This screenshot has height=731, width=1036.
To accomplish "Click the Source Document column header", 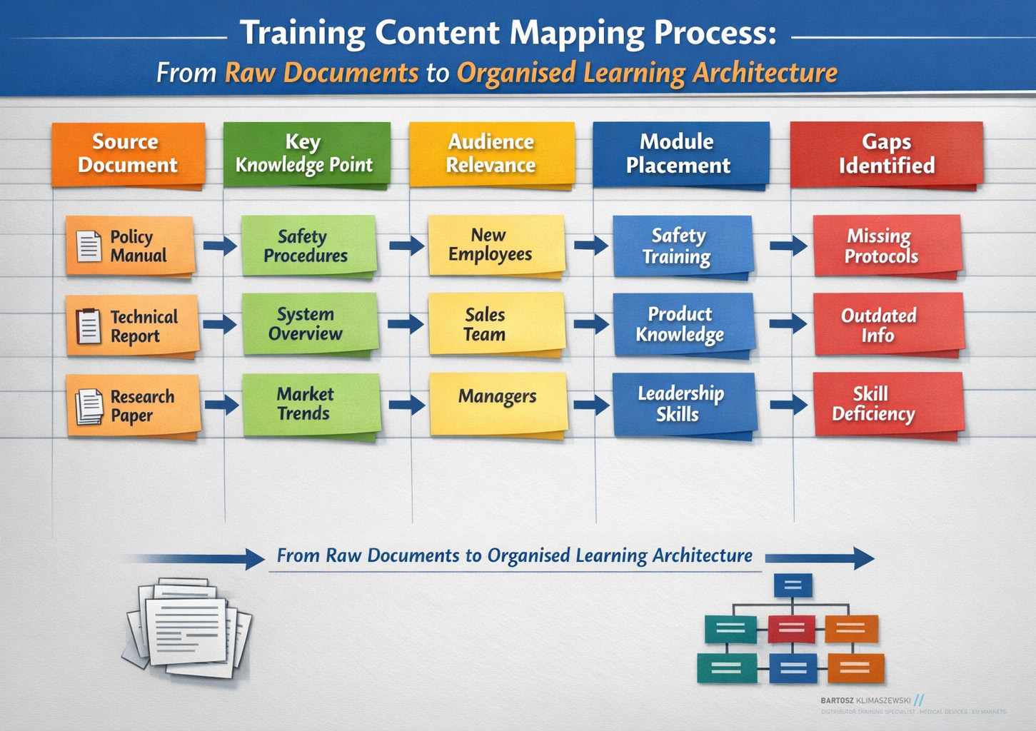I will pos(128,153).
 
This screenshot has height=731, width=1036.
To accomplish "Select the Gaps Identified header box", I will pos(886,153).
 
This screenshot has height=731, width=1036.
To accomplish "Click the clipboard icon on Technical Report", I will pos(89,326).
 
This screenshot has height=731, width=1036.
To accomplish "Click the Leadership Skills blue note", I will pos(682,403).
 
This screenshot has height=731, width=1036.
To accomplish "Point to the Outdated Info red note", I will pos(887,326).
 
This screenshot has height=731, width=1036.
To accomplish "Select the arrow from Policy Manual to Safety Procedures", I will pos(219,246).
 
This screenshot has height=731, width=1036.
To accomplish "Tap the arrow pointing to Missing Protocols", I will pos(788,246).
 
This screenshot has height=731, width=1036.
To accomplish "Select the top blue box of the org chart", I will pos(793,585).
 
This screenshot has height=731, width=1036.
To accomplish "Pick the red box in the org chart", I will pos(792,629).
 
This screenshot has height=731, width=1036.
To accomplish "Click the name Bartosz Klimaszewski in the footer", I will pos(865,701).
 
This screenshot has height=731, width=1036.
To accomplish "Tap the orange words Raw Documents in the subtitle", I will pos(321,73).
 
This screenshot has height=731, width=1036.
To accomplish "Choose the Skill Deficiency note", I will pos(887,404).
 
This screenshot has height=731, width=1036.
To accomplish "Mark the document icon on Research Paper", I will pos(89,406).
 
